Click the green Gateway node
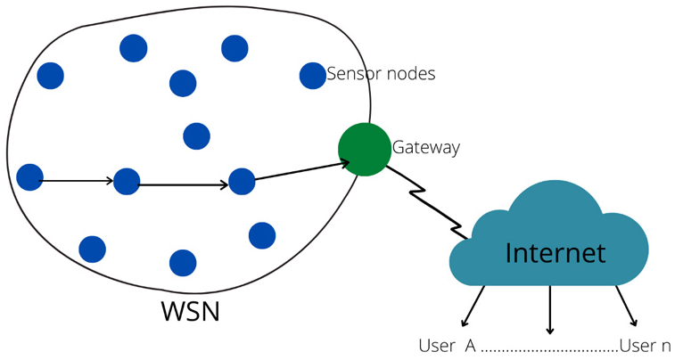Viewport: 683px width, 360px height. click(x=365, y=149)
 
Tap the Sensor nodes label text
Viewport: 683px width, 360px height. click(x=381, y=74)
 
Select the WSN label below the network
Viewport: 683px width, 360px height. click(x=189, y=312)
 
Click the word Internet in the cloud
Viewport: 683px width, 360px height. click(x=555, y=253)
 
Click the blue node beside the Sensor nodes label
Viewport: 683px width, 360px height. click(x=312, y=76)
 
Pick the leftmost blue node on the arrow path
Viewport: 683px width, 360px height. click(x=29, y=177)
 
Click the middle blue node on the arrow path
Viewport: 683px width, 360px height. click(x=127, y=181)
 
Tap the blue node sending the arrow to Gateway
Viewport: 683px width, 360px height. click(x=242, y=181)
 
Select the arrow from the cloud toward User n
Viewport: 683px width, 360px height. click(x=626, y=306)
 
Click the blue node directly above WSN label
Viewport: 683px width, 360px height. click(x=183, y=263)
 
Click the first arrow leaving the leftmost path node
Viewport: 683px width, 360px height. click(x=78, y=181)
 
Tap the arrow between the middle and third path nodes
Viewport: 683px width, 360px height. click(x=185, y=185)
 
